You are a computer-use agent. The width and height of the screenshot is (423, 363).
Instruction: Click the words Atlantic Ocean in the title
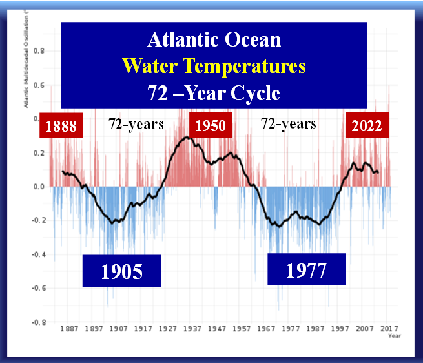coord(214,39)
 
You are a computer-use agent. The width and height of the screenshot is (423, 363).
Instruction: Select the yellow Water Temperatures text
coord(214,66)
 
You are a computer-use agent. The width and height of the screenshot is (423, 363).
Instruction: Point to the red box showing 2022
coord(366,126)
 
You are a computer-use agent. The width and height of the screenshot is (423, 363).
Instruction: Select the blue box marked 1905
coord(121,271)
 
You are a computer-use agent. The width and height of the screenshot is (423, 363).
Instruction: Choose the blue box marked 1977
coord(307,269)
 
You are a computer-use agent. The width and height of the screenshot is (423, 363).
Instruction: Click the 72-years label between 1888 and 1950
coord(136,123)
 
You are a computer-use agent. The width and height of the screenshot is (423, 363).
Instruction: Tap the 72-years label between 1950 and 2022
coord(288,123)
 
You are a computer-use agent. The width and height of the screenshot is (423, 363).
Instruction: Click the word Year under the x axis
coord(394,336)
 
